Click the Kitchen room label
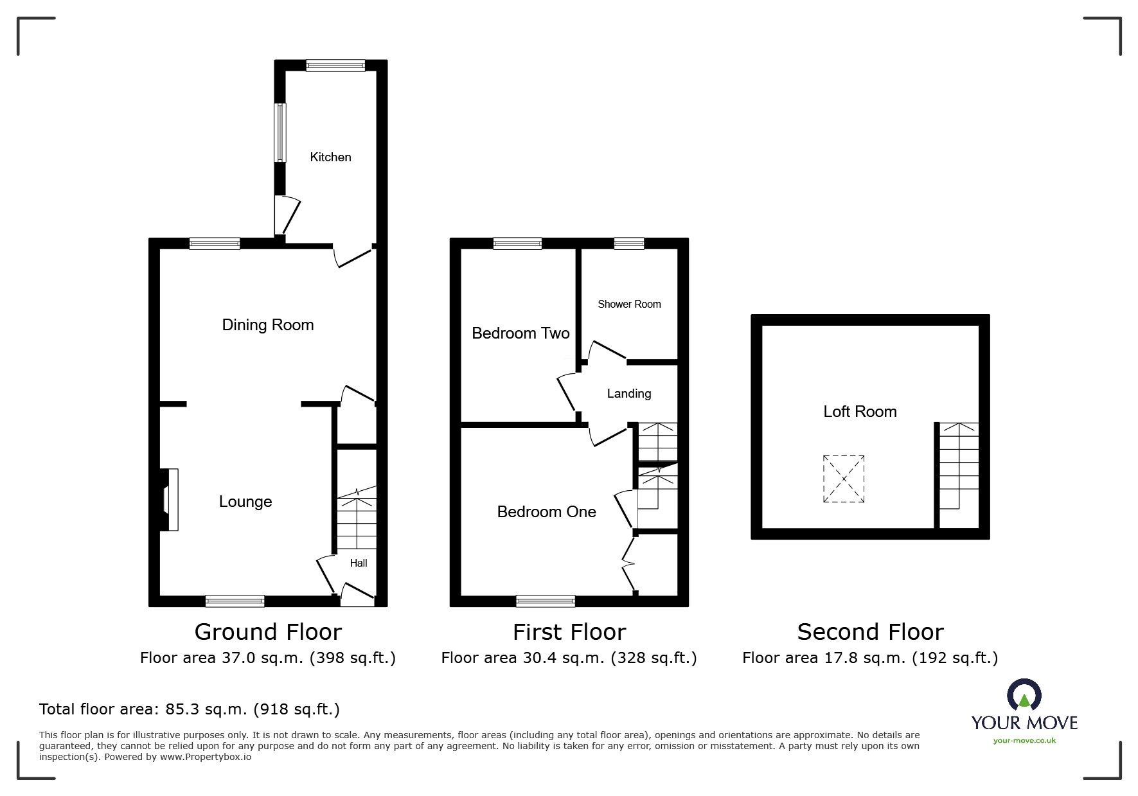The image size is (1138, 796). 330,157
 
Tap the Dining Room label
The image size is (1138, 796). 268,325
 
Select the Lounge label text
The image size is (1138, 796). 245,502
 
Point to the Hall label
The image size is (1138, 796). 359,563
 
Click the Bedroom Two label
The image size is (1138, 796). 520,333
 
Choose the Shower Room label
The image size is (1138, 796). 629,305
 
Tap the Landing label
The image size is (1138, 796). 629,394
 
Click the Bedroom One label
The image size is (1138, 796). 547,512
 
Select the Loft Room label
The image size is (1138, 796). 860,412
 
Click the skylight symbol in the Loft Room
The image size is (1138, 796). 844,479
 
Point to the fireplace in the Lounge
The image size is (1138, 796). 170,500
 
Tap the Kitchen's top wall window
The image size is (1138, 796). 335,66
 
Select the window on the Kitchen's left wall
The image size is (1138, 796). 280,133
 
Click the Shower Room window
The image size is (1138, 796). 628,243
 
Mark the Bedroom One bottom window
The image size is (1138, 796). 546,601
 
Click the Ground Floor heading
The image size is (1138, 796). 268,632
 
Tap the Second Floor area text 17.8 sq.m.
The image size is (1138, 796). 870,658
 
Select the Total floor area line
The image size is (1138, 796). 190,709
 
